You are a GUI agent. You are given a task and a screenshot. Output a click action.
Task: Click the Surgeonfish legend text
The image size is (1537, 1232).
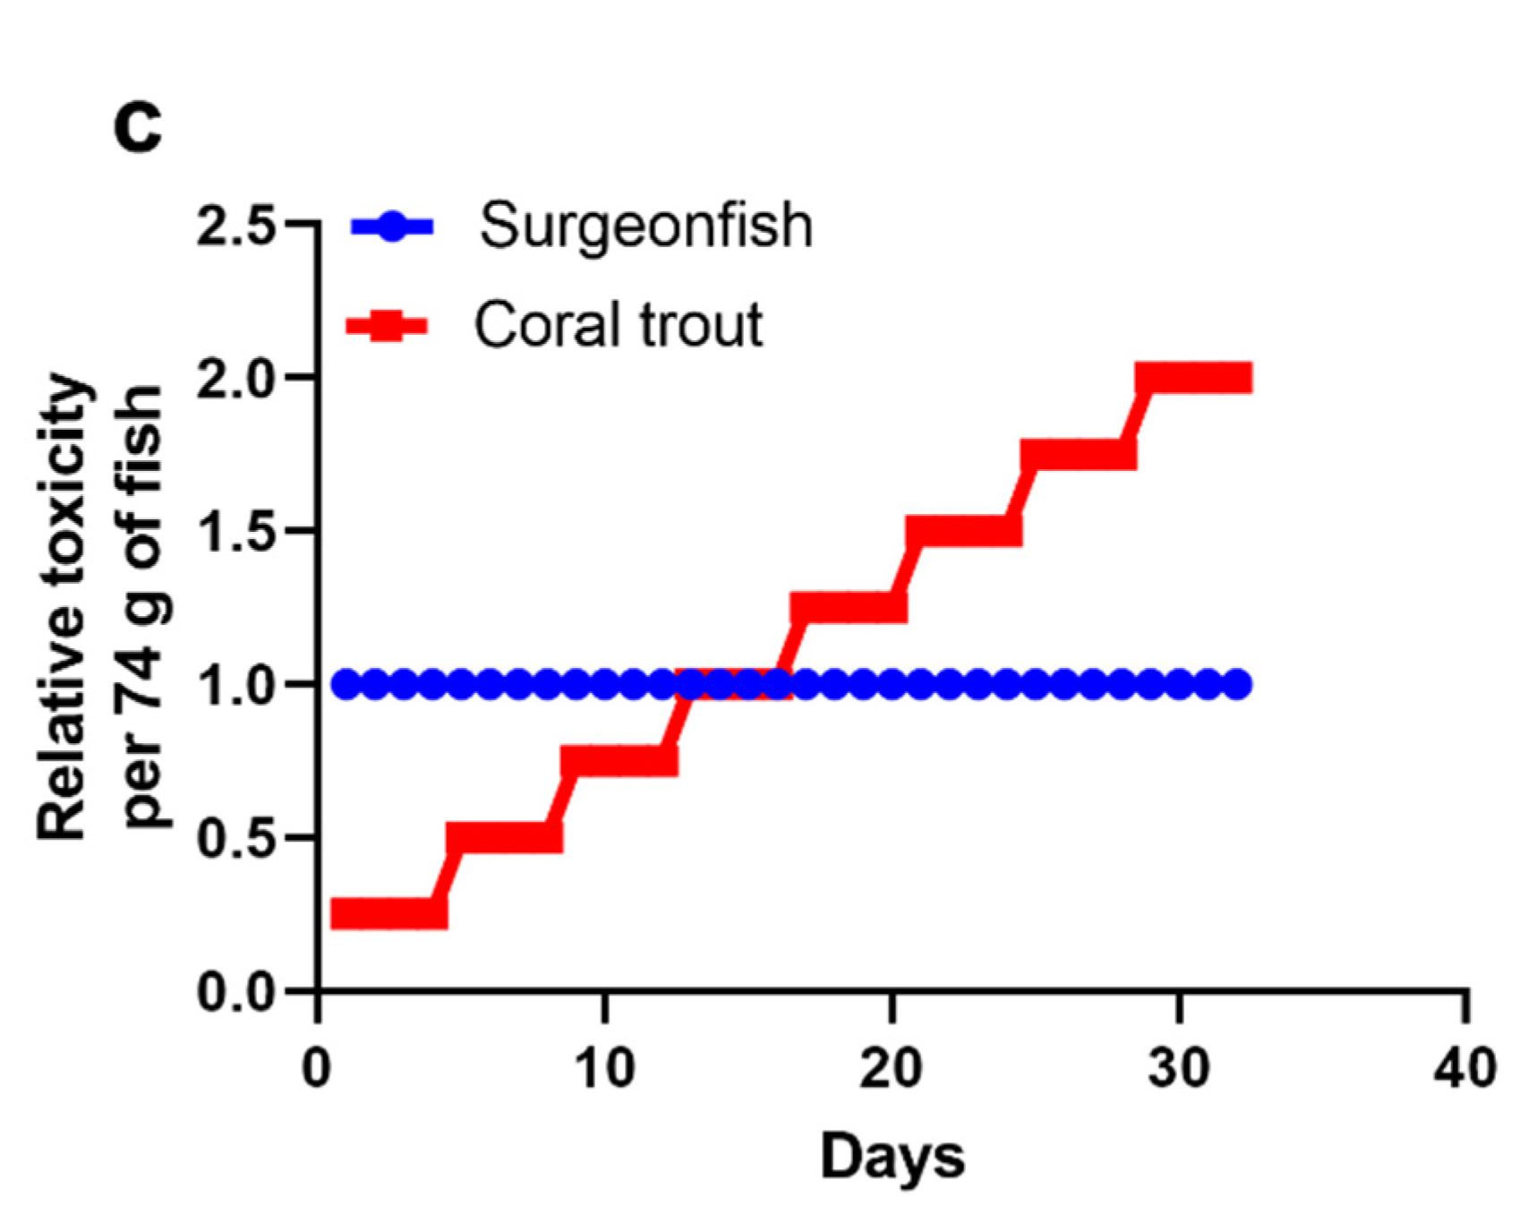point(645,225)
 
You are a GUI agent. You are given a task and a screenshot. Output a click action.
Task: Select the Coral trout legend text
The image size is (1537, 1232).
point(618,324)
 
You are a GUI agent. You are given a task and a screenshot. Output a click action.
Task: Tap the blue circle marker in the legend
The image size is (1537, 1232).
point(392,227)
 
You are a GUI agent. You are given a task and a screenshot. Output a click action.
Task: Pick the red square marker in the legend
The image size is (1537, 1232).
point(387,326)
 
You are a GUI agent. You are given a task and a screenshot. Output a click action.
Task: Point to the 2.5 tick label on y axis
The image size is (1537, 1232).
point(235,225)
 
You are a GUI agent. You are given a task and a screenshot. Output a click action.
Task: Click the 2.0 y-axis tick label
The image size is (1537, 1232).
point(235,379)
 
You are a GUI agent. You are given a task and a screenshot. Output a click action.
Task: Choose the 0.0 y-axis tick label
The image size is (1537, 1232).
point(235,993)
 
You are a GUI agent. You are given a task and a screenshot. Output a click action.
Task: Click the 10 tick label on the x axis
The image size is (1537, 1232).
point(605,1068)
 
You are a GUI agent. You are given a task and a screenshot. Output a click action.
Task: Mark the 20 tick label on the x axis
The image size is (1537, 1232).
point(892,1068)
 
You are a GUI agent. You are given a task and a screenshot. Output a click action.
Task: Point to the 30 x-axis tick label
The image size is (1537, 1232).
point(1179,1068)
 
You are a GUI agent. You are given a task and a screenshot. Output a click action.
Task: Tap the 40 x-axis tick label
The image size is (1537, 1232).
point(1465,1068)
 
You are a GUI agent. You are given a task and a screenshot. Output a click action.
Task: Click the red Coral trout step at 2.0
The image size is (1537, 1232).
point(1193,378)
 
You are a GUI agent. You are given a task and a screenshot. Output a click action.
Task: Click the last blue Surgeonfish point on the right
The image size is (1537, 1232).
point(1237,685)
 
